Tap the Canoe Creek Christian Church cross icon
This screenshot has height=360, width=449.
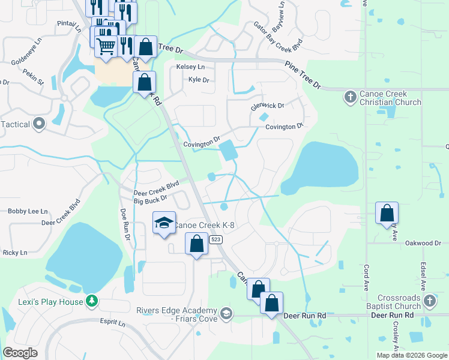point(350,97)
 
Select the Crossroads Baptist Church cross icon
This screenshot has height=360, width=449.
point(429,300)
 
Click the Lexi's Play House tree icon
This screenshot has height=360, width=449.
point(91,300)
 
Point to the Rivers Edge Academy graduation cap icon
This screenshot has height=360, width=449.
point(226,313)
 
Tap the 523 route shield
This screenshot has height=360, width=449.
point(217,239)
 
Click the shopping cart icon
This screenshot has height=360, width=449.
point(106,46)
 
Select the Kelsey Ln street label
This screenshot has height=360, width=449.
point(190,67)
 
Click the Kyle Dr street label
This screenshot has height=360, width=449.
point(198,80)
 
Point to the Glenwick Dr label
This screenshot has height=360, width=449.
point(267,106)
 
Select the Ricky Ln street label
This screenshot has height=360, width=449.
point(15,253)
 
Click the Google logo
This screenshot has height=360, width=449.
point(20,353)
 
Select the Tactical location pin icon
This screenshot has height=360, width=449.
point(40,124)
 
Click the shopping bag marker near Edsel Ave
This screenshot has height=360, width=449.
point(387,213)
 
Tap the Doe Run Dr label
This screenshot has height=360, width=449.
point(125,225)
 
